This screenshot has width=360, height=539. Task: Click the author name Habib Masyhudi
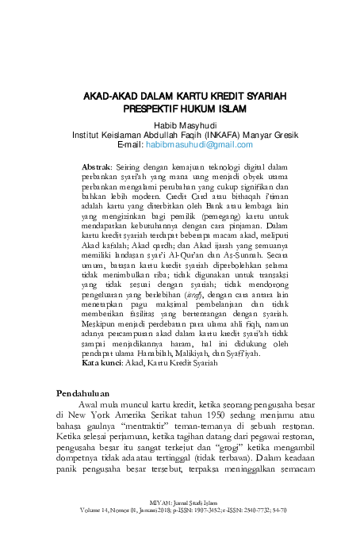[x=179, y=125]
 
